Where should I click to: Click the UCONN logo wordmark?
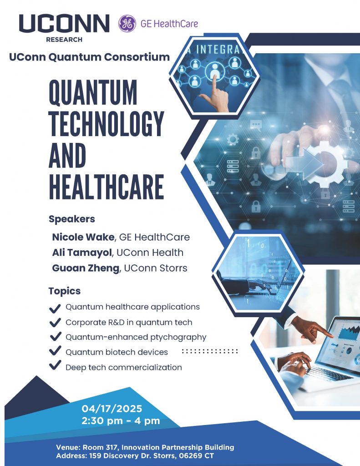(64, 24)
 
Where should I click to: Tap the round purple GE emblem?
(127, 24)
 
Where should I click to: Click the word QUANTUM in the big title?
(93, 93)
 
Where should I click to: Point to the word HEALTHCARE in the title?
(106, 186)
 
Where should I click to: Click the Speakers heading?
(72, 219)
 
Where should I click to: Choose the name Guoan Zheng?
(85, 268)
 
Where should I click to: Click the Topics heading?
(65, 291)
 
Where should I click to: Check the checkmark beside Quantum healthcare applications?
(55, 308)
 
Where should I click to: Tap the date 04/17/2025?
(112, 408)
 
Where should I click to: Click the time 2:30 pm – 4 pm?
(121, 421)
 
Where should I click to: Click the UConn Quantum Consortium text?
(89, 57)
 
